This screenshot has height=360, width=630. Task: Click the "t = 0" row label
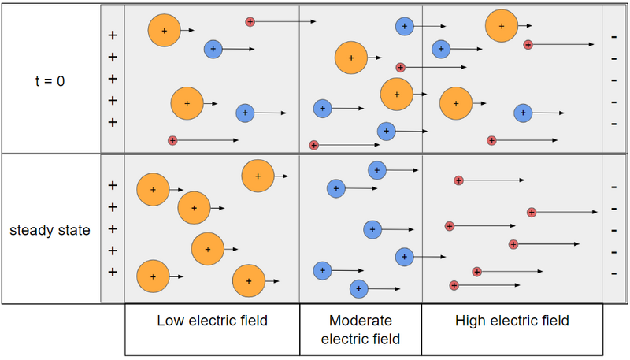(x=50, y=79)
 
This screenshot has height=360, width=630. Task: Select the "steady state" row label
(x=50, y=231)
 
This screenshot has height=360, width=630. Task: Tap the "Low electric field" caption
(x=212, y=321)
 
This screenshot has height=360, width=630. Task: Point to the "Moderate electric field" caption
(x=361, y=330)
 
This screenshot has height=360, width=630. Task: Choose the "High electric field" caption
(x=512, y=321)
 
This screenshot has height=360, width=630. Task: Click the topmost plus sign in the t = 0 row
(x=112, y=35)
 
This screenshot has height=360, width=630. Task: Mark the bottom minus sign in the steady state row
(x=613, y=273)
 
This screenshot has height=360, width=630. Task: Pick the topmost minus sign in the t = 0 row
(x=613, y=36)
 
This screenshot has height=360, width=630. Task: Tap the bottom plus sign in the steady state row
(x=112, y=273)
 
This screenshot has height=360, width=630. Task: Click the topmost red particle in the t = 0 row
(x=250, y=21)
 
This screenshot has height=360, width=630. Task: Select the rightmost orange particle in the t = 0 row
(x=502, y=26)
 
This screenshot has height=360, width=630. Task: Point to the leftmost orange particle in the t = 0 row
(x=164, y=30)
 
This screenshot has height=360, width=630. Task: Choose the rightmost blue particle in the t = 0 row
(x=523, y=113)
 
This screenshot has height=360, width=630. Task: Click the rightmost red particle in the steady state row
(x=532, y=212)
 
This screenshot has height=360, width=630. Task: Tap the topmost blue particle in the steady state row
(x=377, y=169)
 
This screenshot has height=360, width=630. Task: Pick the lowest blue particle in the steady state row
(x=359, y=289)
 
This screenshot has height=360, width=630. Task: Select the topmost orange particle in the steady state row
(x=258, y=176)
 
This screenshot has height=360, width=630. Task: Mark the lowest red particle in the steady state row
(x=454, y=285)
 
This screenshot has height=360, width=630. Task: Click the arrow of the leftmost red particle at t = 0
(x=208, y=140)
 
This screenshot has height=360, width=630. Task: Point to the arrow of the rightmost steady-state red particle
(x=567, y=212)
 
